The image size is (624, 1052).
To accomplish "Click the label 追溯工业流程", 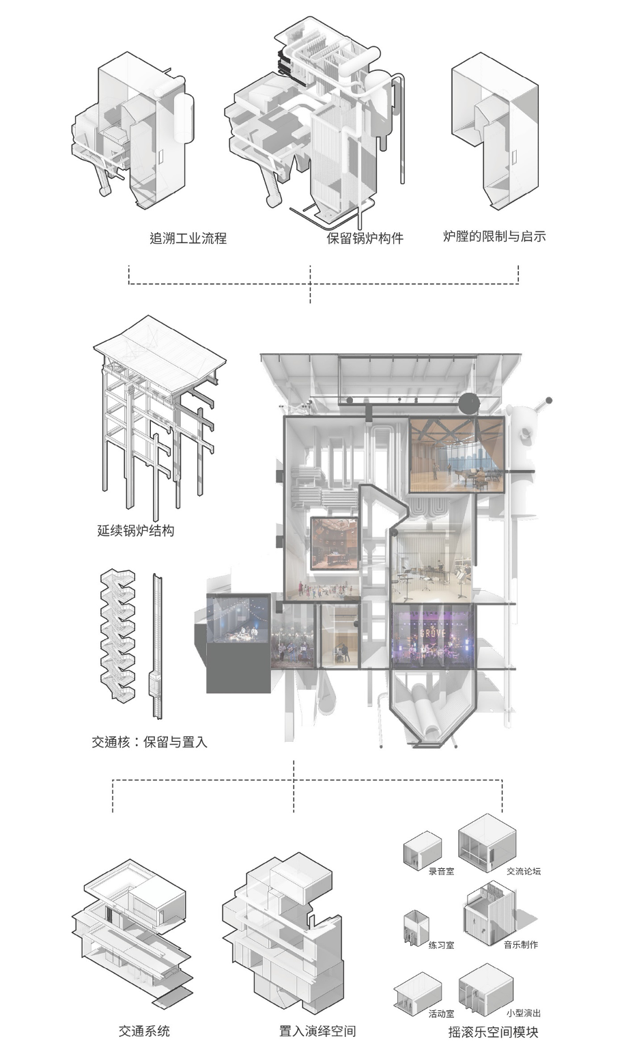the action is tap(188, 238).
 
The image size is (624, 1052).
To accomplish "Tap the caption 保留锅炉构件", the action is tap(365, 238).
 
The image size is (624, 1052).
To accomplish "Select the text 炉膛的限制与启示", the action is tap(494, 236).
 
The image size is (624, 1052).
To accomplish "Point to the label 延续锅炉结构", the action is tap(135, 530).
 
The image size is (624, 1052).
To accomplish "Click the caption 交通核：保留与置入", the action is tap(150, 741).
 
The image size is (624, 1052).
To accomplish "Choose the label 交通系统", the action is tap(144, 1031).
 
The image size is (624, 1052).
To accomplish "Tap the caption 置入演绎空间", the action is tap(317, 1031).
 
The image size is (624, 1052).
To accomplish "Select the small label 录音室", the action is tap(441, 871).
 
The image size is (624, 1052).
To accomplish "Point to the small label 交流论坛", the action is tap(524, 871).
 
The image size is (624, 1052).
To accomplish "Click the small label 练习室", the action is tap(441, 945).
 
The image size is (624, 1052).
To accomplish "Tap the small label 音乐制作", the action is tap(521, 945).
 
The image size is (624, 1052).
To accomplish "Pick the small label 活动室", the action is tap(441, 1014).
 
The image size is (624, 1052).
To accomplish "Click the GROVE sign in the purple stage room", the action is tap(432, 633).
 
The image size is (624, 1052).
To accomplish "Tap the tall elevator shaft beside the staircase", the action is tap(157, 646).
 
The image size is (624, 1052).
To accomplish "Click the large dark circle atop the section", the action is tap(469, 404).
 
